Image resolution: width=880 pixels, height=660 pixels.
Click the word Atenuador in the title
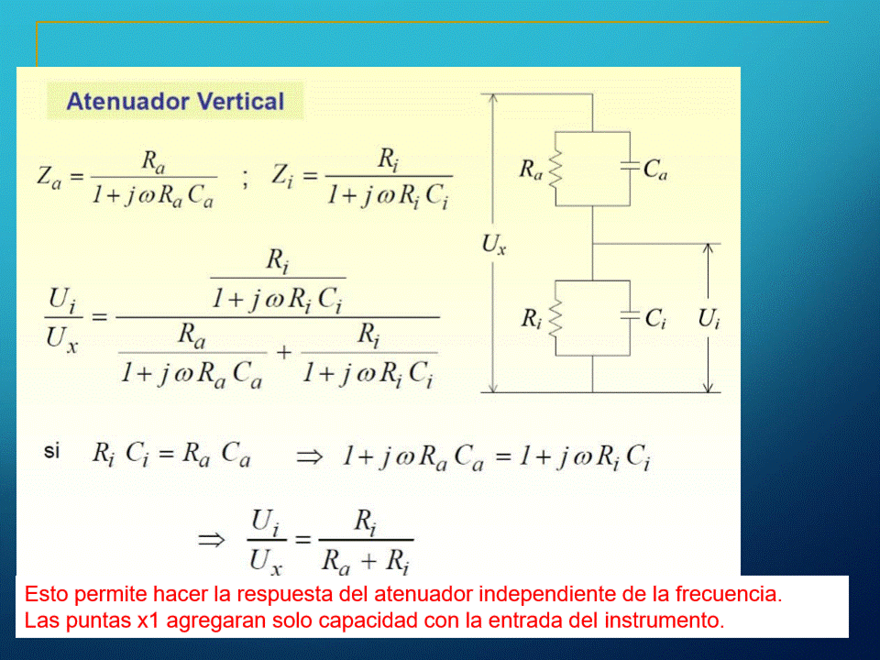(128, 102)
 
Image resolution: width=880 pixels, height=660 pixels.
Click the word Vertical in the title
(241, 102)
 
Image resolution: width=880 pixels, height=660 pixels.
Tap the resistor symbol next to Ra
(555, 169)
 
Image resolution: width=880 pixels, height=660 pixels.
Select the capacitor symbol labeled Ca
(630, 166)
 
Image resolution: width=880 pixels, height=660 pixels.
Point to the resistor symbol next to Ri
(555, 318)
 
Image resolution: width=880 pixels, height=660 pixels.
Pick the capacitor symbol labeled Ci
(630, 315)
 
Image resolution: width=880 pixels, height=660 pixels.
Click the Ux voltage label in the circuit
(494, 245)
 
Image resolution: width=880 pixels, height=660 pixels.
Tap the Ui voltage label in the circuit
(709, 319)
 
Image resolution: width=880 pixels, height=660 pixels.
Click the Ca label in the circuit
(655, 169)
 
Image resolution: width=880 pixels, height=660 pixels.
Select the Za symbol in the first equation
(49, 177)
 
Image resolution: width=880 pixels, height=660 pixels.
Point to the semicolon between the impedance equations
(245, 179)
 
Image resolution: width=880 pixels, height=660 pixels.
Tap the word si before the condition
(51, 451)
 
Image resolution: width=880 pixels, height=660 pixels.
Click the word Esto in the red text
(46, 594)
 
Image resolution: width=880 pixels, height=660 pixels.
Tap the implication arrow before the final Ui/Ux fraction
(212, 541)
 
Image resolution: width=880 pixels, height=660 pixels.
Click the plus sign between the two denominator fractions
(284, 352)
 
